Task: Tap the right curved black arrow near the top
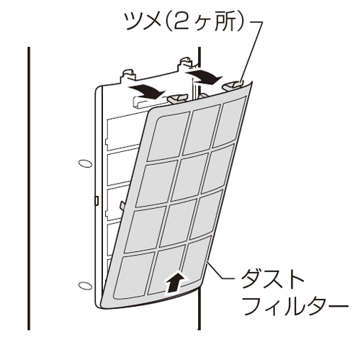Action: pos(204,76)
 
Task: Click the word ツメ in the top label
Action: pos(142,22)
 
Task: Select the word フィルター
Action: pos(294,306)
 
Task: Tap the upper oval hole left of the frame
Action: pos(85,163)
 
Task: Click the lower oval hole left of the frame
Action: pos(85,286)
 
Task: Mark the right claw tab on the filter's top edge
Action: pos(233,85)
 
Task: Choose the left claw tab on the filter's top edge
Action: pos(177,98)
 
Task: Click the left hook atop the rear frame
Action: pos(127,74)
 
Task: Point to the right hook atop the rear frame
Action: pos(185,62)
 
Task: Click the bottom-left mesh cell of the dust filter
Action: pos(134,276)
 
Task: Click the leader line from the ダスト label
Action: pos(220,272)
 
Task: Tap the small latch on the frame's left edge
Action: pos(96,201)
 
